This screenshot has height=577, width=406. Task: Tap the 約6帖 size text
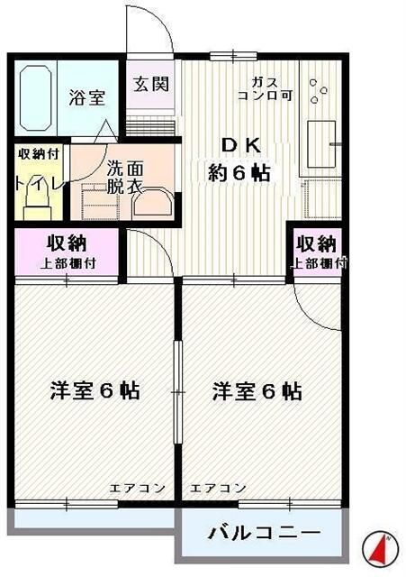(x=239, y=174)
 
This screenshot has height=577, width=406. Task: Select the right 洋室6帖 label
(x=257, y=392)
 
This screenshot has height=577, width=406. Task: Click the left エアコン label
(x=138, y=488)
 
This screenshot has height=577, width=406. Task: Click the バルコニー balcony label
(x=264, y=532)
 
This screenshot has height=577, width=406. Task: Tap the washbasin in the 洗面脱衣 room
(x=149, y=200)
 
